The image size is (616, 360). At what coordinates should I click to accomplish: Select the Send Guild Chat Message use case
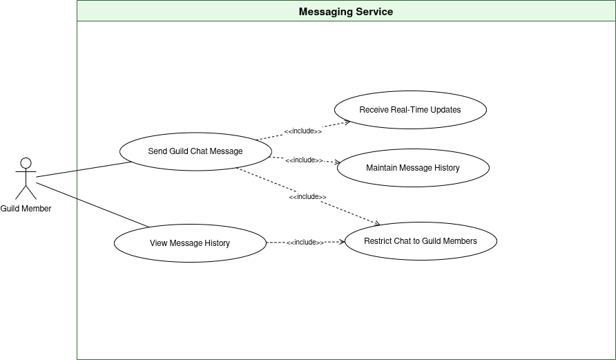pyautogui.click(x=195, y=151)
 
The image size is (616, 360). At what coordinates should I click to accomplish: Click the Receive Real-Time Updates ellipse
pyautogui.click(x=410, y=110)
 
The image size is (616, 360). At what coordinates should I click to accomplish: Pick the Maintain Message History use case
pyautogui.click(x=413, y=168)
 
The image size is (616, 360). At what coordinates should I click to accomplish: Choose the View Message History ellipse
pyautogui.click(x=190, y=243)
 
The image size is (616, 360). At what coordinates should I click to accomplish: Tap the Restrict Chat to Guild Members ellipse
pyautogui.click(x=421, y=241)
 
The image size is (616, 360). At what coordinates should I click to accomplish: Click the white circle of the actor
pyautogui.click(x=26, y=163)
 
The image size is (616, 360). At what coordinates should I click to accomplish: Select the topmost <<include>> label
pyautogui.click(x=303, y=131)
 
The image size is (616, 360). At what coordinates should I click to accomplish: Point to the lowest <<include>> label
pyautogui.click(x=305, y=243)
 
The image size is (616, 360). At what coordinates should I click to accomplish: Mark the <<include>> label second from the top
pyautogui.click(x=305, y=160)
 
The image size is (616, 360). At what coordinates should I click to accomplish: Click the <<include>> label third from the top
pyautogui.click(x=308, y=197)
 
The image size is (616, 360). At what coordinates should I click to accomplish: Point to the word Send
pyautogui.click(x=157, y=151)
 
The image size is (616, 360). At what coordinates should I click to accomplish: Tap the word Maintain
pyautogui.click(x=382, y=168)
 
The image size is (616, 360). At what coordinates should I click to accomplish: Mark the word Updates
pyautogui.click(x=446, y=110)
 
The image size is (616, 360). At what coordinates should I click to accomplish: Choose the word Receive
pyautogui.click(x=374, y=110)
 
